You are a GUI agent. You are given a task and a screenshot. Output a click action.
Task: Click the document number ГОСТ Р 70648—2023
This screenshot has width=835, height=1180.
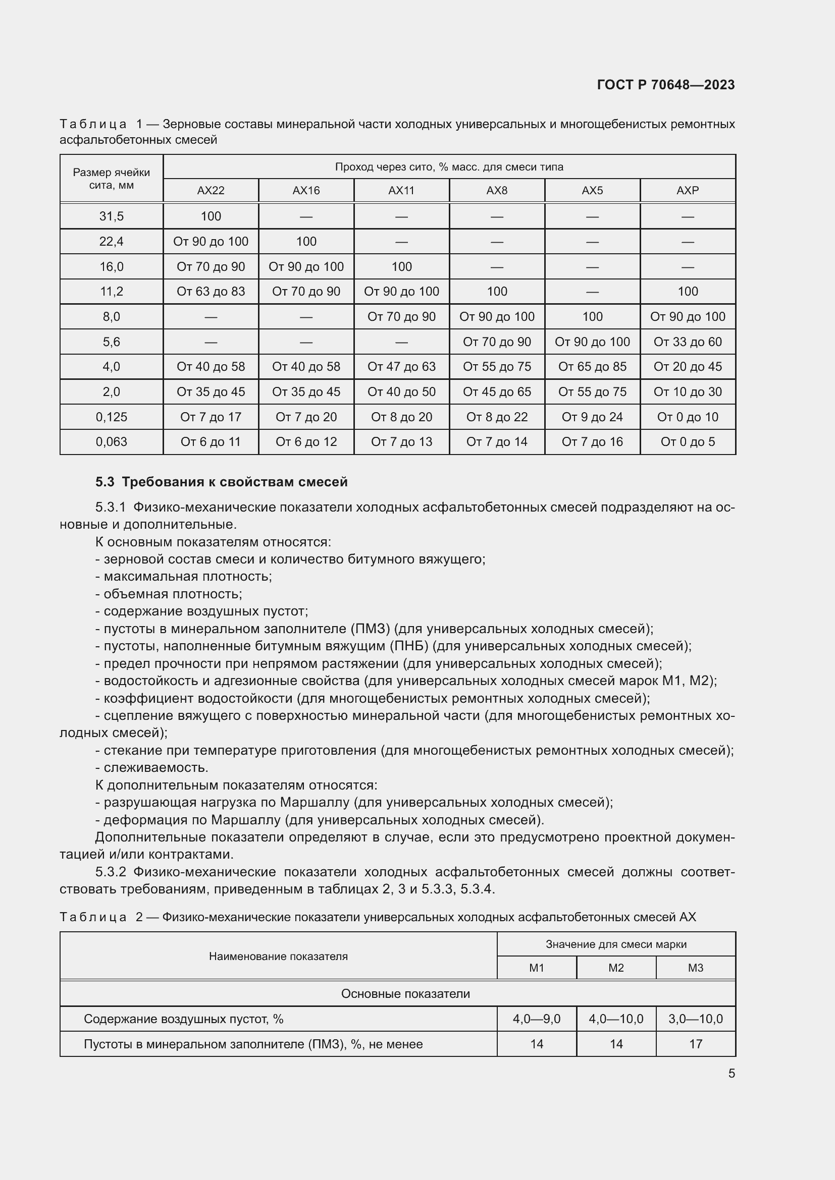(x=666, y=85)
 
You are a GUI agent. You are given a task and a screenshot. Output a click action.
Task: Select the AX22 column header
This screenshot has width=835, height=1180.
(x=211, y=191)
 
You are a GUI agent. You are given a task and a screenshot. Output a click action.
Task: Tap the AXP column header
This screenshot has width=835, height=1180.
(x=688, y=191)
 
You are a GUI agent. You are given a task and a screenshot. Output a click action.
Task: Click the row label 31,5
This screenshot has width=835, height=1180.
(x=112, y=216)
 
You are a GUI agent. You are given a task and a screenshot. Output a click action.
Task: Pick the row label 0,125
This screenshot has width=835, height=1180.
(x=112, y=417)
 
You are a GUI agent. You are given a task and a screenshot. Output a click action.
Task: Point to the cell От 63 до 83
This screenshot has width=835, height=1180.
(x=211, y=292)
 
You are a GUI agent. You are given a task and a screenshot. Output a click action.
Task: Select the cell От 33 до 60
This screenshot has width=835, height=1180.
(x=688, y=342)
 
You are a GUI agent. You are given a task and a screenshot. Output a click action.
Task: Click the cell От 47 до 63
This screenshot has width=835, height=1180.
(x=401, y=366)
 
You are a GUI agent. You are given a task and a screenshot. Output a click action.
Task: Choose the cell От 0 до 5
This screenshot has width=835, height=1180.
(x=688, y=442)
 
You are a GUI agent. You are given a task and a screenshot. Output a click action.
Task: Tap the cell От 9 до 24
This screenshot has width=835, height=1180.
(x=592, y=417)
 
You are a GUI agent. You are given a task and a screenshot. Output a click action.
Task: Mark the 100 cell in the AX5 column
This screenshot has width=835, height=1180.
(x=592, y=317)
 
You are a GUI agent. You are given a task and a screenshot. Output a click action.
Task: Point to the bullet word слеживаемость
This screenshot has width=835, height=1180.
(x=156, y=768)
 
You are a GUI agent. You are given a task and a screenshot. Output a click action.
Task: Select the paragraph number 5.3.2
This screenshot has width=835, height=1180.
(x=111, y=872)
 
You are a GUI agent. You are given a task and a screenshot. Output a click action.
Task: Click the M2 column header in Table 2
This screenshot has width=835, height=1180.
(x=616, y=968)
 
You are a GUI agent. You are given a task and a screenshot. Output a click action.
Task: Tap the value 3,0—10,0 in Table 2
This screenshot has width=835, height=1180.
(x=695, y=1019)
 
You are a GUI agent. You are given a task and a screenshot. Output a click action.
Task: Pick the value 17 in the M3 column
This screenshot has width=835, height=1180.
(x=695, y=1044)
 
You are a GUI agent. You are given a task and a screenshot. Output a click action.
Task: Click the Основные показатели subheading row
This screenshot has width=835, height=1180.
(x=405, y=993)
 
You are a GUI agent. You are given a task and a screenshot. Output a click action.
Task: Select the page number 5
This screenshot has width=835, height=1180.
(x=731, y=1074)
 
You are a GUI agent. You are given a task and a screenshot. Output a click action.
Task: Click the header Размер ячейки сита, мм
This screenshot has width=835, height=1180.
(x=112, y=178)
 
